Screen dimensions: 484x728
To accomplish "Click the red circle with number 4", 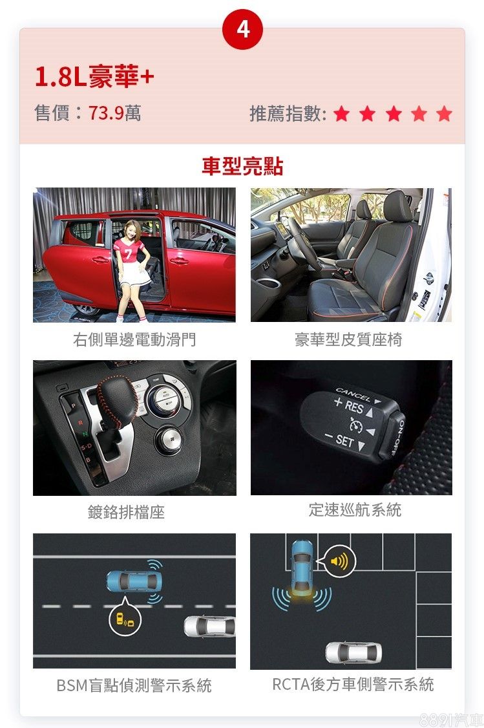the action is (x=243, y=29).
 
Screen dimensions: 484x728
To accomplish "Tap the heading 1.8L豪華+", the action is (x=94, y=76).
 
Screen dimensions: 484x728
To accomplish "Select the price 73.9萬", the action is (x=114, y=113).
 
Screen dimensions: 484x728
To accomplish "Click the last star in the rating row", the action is (x=444, y=113).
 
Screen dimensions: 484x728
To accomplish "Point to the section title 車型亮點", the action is (x=242, y=166).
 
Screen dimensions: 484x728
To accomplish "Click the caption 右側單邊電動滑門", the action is (x=134, y=339).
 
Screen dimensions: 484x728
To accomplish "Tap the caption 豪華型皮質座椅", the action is (x=348, y=339).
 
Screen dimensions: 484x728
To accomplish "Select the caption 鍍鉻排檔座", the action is (x=126, y=512).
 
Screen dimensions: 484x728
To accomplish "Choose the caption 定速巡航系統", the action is (x=355, y=509).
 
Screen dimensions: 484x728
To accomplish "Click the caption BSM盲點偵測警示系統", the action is (x=134, y=685).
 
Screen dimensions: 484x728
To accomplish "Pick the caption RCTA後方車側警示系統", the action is (x=353, y=684).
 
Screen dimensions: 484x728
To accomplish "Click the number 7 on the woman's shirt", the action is (x=128, y=255).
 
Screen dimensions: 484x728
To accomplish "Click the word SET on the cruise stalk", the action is (x=345, y=440).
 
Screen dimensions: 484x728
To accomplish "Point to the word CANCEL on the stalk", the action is (x=353, y=394).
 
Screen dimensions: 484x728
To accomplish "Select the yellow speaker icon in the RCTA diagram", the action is (x=339, y=561).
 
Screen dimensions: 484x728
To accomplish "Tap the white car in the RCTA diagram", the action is (x=353, y=653).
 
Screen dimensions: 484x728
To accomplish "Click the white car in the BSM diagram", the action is (x=210, y=626).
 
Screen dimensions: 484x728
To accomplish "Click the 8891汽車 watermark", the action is (x=451, y=720).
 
